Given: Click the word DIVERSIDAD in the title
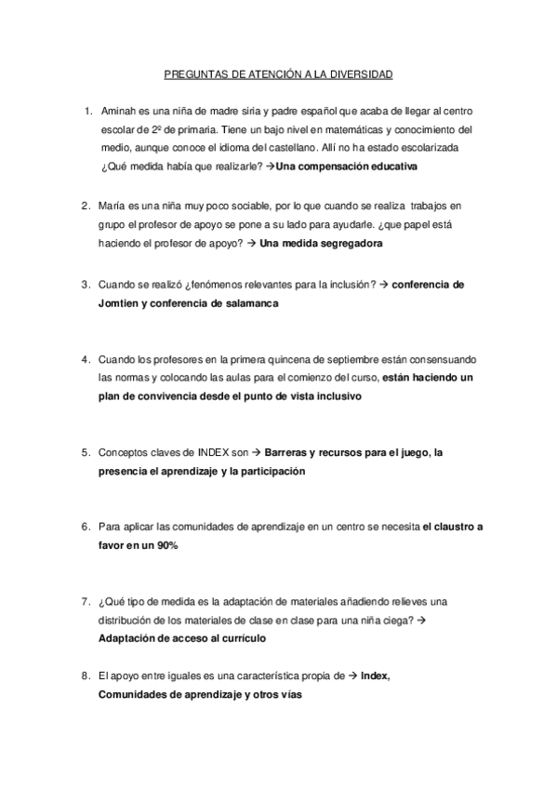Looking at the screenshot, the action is (x=363, y=73).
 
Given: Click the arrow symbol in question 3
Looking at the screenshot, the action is (x=383, y=285).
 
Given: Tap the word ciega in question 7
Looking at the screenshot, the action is (x=391, y=620).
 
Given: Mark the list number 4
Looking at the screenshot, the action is (x=86, y=359).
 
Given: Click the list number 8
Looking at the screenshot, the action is (x=86, y=675).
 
